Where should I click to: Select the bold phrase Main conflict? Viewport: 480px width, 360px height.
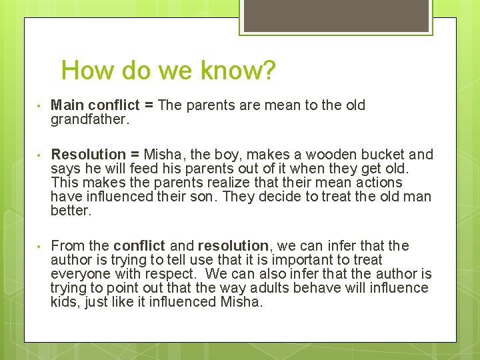click(95, 105)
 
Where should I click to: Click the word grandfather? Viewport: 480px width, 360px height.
click(89, 119)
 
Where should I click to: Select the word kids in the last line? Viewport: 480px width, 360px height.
click(65, 302)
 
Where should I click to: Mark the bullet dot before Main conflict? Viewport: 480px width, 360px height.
click(40, 106)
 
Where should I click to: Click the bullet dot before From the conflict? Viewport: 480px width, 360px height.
click(40, 247)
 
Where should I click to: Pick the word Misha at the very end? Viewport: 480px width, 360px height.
click(240, 302)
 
